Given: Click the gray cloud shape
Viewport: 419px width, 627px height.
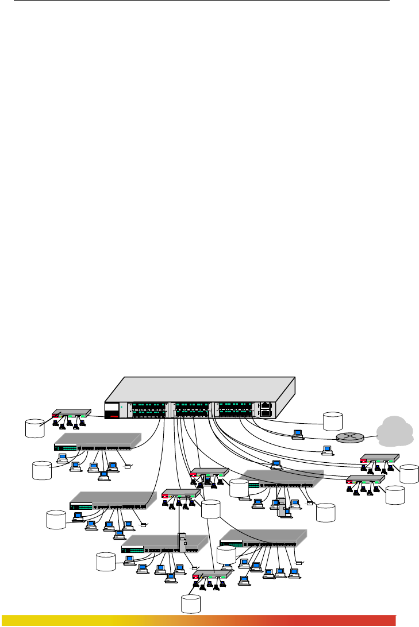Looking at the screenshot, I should (397, 431).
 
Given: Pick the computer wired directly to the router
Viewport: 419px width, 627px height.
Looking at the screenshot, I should (297, 434).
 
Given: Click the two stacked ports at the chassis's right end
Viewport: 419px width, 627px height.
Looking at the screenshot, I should (264, 409).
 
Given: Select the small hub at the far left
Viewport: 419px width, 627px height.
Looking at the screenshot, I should (71, 413).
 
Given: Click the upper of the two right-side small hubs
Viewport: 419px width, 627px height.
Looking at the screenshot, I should (379, 459).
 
